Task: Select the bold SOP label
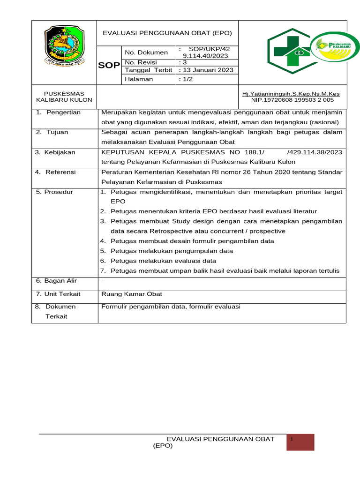point(109,66)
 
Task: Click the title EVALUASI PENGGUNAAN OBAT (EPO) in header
point(167,33)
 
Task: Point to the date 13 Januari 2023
point(205,70)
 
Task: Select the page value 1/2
point(186,79)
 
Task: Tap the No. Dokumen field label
point(146,52)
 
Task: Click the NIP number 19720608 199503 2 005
point(292,100)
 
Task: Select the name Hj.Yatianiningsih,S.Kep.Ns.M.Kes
point(291,94)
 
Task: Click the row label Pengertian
point(59,112)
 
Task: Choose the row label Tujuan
point(52,132)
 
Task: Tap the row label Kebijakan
point(56,152)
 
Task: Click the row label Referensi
point(56,172)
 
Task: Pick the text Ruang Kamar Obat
point(132,294)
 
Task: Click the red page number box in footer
point(300,442)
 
